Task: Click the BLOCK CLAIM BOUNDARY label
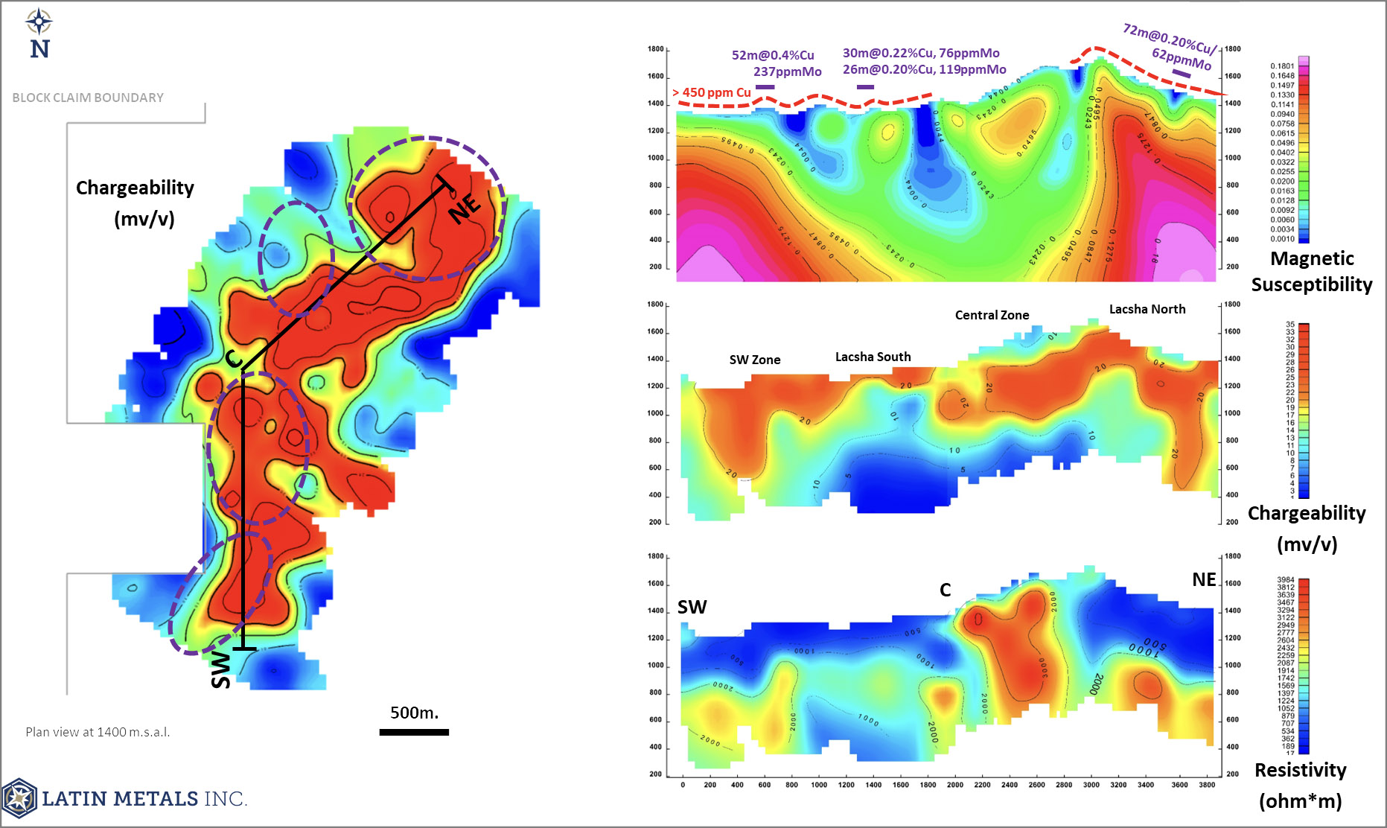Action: [88, 98]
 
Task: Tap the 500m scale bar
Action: [414, 732]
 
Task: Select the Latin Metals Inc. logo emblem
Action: [19, 798]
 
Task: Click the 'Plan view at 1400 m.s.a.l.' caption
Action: [98, 732]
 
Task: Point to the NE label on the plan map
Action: [465, 208]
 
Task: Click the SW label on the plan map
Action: [221, 669]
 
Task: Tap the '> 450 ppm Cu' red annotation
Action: [712, 93]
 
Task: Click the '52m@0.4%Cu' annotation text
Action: [773, 55]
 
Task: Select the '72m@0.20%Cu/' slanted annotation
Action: [1169, 38]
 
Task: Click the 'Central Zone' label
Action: [992, 315]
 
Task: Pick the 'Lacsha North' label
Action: [1147, 309]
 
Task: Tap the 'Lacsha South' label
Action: [873, 357]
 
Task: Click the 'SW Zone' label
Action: [754, 360]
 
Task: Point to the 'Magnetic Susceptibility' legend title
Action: [1311, 271]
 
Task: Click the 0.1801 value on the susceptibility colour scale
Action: [1282, 66]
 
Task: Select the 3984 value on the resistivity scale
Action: [1286, 580]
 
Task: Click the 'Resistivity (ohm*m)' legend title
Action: [1301, 785]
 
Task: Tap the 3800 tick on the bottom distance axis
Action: [1207, 785]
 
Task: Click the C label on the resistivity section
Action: [945, 590]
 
